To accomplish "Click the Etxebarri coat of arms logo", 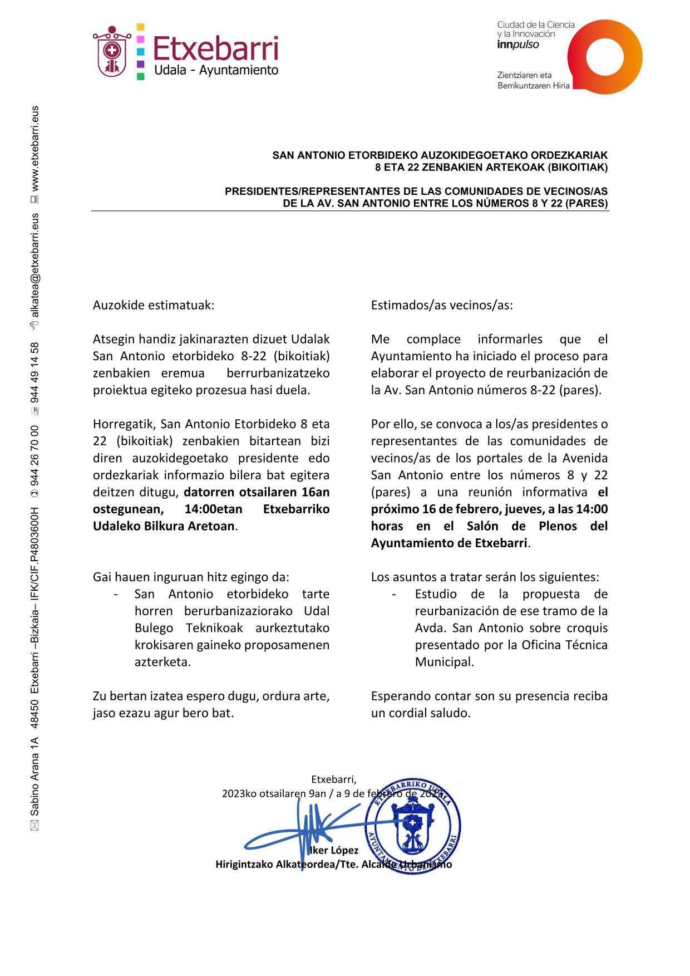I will pyautogui.click(x=112, y=52).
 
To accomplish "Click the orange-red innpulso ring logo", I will pyautogui.click(x=605, y=57).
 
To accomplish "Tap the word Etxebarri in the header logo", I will pyautogui.click(x=215, y=49).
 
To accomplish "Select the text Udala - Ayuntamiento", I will pyautogui.click(x=216, y=71).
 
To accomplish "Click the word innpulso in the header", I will pyautogui.click(x=518, y=45).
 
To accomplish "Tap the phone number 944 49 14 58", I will pyautogui.click(x=34, y=372).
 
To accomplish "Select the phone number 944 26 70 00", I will pyautogui.click(x=34, y=455).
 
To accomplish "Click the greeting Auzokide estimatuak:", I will pyautogui.click(x=153, y=305).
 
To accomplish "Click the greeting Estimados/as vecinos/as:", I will pyautogui.click(x=442, y=305).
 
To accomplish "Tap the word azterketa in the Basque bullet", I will pyautogui.click(x=162, y=662).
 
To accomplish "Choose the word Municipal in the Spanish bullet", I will pyautogui.click(x=444, y=662).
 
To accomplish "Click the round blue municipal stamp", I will pyautogui.click(x=412, y=825).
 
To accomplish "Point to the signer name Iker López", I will pyautogui.click(x=334, y=850).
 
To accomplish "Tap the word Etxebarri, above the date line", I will pyautogui.click(x=333, y=779).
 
